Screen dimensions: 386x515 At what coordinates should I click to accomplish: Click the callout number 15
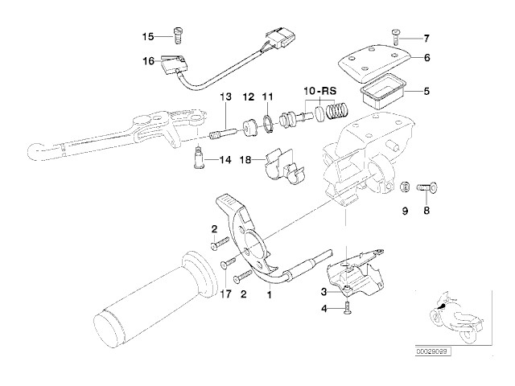pyautogui.click(x=147, y=36)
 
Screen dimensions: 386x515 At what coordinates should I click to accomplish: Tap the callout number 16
pyautogui.click(x=147, y=60)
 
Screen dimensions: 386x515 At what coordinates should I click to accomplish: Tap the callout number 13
pyautogui.click(x=227, y=96)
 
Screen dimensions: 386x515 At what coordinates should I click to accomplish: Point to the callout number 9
pyautogui.click(x=406, y=210)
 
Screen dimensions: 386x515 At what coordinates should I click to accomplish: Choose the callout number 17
pyautogui.click(x=226, y=294)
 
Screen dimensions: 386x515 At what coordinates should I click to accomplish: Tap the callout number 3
pyautogui.click(x=322, y=291)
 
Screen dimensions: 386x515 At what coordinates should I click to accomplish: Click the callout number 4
pyautogui.click(x=322, y=309)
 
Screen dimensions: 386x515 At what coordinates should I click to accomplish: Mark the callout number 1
pyautogui.click(x=269, y=294)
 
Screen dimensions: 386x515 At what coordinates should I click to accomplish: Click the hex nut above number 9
pyautogui.click(x=406, y=187)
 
